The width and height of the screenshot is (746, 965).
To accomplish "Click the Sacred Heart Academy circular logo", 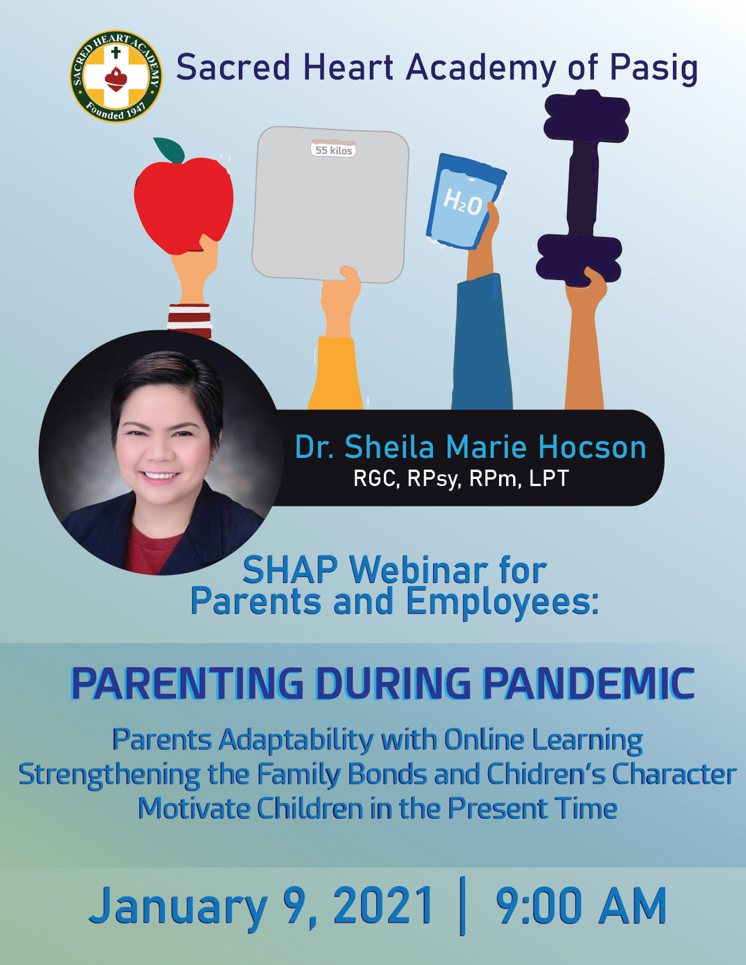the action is tap(116, 77).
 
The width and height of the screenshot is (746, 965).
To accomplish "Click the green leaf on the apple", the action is tap(169, 150).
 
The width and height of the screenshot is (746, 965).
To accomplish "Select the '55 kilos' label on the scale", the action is tap(334, 150).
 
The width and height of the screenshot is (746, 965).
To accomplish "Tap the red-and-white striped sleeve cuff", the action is tap(189, 320).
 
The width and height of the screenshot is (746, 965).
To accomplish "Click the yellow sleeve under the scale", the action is tap(335, 373).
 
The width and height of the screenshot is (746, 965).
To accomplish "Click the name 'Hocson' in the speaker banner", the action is tap(592, 447).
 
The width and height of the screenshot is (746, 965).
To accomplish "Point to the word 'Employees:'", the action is tap(503, 602).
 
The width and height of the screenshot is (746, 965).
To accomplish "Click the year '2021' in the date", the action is tap(383, 905).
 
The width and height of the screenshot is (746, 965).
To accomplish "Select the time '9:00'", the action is tap(538, 905).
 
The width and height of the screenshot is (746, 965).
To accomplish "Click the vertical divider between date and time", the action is tap(463, 906).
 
